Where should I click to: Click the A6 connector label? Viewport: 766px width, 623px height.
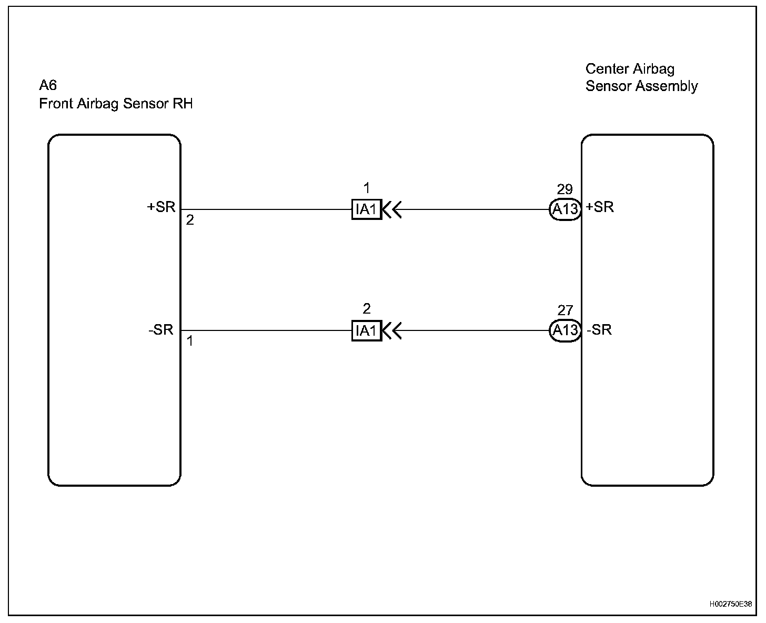point(48,86)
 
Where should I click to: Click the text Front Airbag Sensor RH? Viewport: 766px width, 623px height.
point(116,104)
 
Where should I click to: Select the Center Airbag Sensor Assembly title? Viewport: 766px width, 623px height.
point(641,77)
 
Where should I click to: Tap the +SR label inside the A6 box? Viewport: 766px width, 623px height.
point(161,207)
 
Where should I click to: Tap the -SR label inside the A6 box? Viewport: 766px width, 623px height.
point(161,330)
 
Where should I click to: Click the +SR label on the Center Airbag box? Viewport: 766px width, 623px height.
point(600,207)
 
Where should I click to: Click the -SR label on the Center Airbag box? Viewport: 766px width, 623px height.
point(599,330)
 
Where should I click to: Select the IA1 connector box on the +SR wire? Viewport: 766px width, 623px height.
point(366,209)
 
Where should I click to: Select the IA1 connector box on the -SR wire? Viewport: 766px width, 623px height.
point(366,331)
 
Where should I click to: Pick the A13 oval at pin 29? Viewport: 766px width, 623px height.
point(565,209)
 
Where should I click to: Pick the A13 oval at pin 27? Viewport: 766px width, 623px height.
point(565,330)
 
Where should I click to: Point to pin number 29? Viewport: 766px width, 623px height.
point(565,190)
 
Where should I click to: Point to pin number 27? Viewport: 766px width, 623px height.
point(565,311)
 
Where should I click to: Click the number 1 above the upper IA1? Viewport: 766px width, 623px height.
point(367,188)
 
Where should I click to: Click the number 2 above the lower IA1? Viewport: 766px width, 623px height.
point(367,309)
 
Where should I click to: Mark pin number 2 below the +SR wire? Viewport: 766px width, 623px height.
point(190,220)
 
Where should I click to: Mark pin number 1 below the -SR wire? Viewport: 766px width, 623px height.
point(190,341)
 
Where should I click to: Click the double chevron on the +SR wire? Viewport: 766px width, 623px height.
point(392,209)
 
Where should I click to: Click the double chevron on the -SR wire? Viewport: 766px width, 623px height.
point(392,331)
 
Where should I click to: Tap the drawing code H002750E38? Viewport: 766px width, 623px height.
point(730,604)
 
